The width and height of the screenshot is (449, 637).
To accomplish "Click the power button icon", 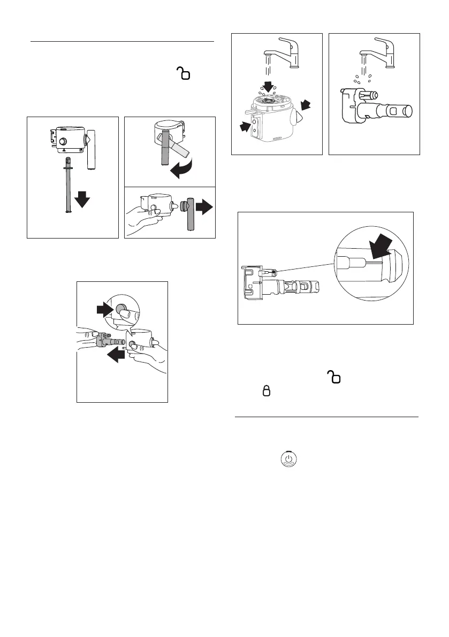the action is pyautogui.click(x=288, y=459).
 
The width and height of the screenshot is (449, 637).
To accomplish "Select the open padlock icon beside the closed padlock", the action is pyautogui.click(x=336, y=378).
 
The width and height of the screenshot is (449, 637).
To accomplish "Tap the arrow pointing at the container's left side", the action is pyautogui.click(x=245, y=126).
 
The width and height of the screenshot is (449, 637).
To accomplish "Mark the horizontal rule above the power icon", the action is pyautogui.click(x=326, y=417).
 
